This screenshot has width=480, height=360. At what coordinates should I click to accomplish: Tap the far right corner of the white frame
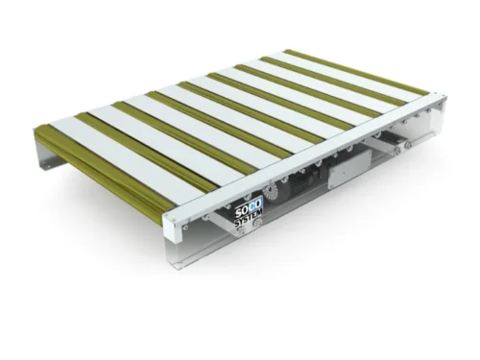tap(441, 98)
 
